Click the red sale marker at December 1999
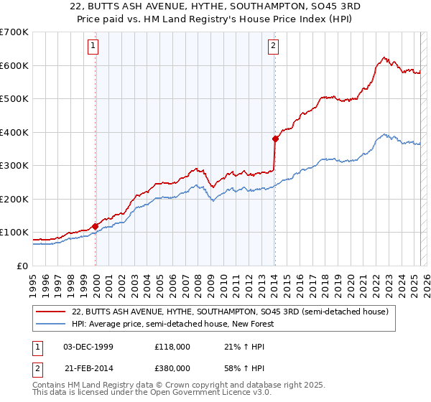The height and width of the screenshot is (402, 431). pos(96,226)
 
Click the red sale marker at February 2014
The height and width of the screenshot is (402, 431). pos(275,139)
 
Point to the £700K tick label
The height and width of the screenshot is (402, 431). pos(14,32)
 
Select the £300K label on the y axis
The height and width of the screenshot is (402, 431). pos(14,166)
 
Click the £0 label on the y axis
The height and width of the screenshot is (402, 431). pos(22,266)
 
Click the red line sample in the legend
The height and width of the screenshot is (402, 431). pos(51,312)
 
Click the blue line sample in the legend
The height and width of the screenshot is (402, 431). pos(51,324)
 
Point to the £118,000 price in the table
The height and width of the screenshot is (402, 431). pos(172,347)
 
